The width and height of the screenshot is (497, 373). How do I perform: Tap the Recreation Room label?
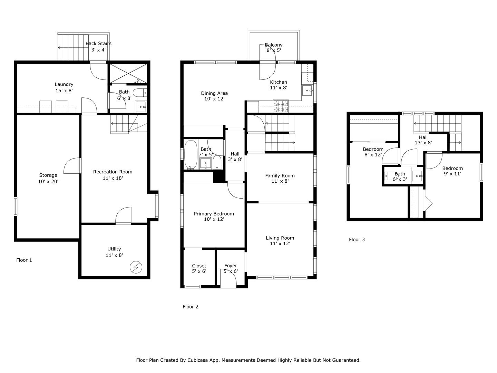(113, 172)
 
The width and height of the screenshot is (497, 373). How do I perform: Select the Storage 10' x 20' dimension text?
(48, 181)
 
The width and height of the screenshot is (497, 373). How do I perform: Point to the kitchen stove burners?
(281, 106)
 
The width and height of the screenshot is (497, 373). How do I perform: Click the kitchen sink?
(307, 90)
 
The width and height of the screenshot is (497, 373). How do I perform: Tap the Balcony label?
(274, 45)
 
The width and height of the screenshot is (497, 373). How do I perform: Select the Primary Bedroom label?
(214, 214)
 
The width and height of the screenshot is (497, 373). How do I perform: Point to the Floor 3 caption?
(357, 240)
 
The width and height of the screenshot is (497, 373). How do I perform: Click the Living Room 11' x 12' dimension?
(280, 243)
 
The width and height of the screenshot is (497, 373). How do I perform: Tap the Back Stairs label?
(98, 44)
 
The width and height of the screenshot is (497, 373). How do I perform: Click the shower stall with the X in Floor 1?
(128, 73)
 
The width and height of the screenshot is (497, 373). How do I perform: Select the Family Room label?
(280, 176)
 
